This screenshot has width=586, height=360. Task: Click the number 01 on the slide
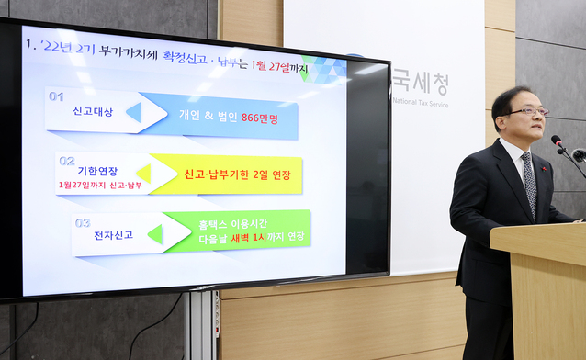pyautogui.click(x=58, y=96)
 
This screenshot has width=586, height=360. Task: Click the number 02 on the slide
pyautogui.click(x=67, y=160)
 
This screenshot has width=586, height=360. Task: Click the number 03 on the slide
pyautogui.click(x=84, y=222)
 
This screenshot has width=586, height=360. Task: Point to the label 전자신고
pyautogui.click(x=113, y=235)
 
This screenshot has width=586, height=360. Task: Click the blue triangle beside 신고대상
pyautogui.click(x=134, y=112)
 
